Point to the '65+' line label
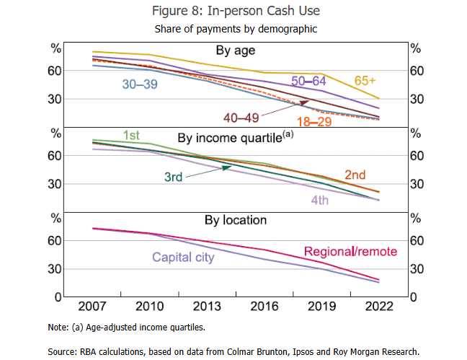click(367, 79)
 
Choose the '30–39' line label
click(140, 84)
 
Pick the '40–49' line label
click(241, 117)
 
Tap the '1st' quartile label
click(131, 136)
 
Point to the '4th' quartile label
click(319, 201)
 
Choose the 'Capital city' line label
click(182, 257)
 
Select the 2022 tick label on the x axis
click(378, 306)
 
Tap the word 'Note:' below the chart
click(58, 327)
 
